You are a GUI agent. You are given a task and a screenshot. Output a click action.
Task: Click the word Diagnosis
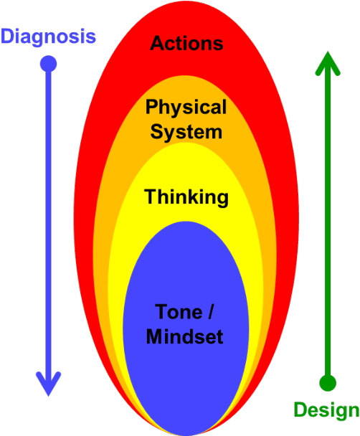48,37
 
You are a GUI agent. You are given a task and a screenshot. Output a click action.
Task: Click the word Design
326,411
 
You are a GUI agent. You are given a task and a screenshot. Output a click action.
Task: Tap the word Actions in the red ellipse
186,44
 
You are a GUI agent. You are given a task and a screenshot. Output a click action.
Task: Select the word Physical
186,108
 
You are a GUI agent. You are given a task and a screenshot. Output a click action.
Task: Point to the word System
186,132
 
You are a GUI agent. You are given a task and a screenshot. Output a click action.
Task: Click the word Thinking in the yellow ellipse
186,196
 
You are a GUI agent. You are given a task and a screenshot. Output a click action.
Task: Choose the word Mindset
185,336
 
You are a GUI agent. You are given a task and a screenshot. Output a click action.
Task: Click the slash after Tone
210,313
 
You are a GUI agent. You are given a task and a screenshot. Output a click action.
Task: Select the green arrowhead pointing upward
327,64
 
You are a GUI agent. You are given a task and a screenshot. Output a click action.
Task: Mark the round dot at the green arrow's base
327,382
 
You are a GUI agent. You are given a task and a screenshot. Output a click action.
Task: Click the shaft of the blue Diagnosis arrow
48,215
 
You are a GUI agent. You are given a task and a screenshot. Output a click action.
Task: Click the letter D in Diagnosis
9,36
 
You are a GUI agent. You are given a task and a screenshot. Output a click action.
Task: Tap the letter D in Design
300,410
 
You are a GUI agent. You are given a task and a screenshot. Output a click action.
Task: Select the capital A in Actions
157,44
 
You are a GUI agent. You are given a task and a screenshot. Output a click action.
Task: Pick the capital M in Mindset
154,336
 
